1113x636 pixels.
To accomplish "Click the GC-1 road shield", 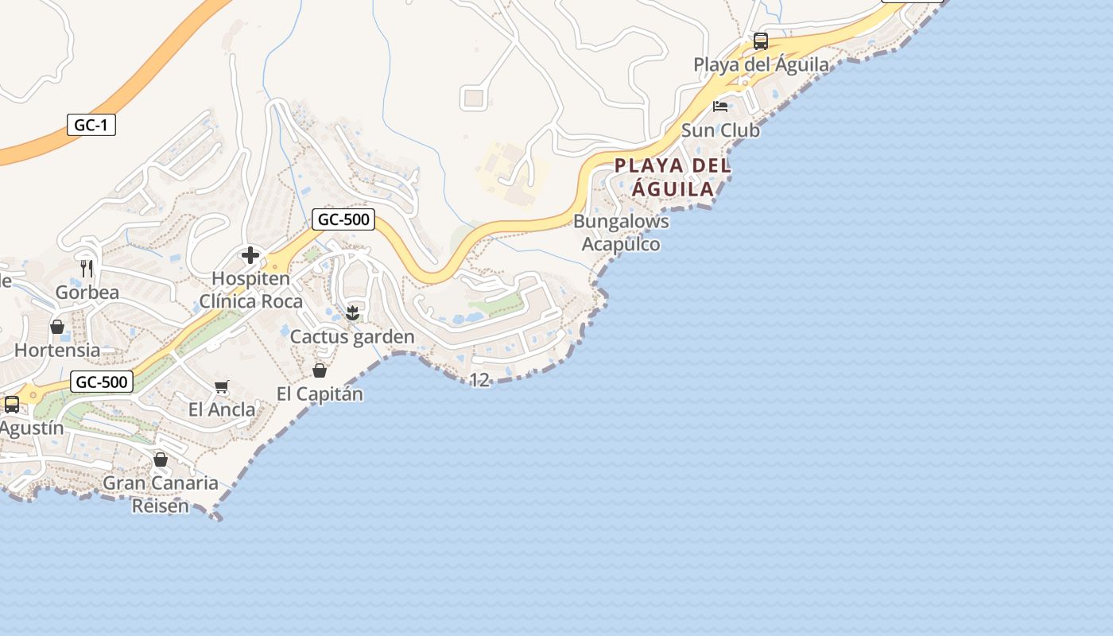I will tap(91, 125).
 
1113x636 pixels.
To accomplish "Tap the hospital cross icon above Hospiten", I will tap(250, 255).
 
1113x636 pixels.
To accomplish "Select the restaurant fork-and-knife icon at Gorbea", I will tap(87, 269).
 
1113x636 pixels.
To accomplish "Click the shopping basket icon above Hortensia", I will tap(57, 327).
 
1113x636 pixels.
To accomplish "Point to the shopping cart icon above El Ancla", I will tap(222, 387).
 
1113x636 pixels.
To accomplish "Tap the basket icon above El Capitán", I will tap(320, 370).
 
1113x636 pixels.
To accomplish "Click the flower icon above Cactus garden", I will tap(352, 313).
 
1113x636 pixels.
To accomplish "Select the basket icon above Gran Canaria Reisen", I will tap(161, 460).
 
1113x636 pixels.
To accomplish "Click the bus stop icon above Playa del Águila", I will tap(761, 41).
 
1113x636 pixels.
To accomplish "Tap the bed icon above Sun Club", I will tap(720, 107).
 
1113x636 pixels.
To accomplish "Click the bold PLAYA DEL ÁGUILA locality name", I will tap(673, 177).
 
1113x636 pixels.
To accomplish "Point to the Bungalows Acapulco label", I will tap(621, 232).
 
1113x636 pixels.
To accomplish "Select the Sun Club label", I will tap(720, 130).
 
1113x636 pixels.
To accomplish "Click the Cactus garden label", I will tap(352, 337).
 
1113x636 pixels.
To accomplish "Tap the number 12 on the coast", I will tap(479, 381).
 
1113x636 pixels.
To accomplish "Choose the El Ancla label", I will tap(222, 410).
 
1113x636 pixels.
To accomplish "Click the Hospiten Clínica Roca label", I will tap(250, 290).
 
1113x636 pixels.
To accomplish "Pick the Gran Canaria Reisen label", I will tap(161, 494).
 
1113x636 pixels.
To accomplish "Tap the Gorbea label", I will tap(87, 293).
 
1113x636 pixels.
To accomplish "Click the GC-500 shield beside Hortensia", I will tap(101, 382).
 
